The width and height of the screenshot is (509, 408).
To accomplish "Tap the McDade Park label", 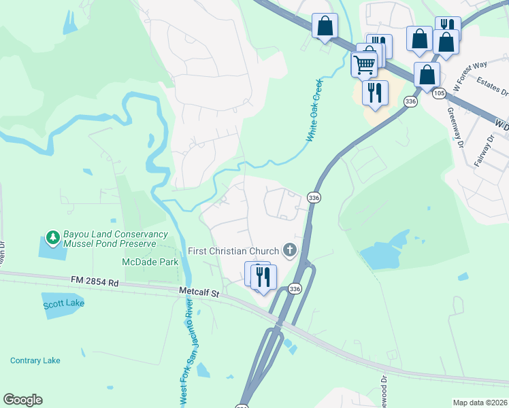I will (x=150, y=262).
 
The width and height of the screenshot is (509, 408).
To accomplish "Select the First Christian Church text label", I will (x=234, y=251).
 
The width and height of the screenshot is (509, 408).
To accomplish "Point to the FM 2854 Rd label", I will (x=95, y=281).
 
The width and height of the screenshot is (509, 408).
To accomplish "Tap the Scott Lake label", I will (x=64, y=303).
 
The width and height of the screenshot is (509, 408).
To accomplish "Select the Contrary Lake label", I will (x=35, y=360).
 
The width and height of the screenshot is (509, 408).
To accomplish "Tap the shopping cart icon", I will (x=365, y=65).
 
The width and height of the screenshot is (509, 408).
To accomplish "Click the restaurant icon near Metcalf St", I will (x=263, y=277).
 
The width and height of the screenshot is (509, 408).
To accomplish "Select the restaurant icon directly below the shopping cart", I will (x=374, y=92).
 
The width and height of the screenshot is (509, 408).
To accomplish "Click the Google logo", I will (x=22, y=400).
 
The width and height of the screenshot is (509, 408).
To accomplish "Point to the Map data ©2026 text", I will (x=480, y=403).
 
